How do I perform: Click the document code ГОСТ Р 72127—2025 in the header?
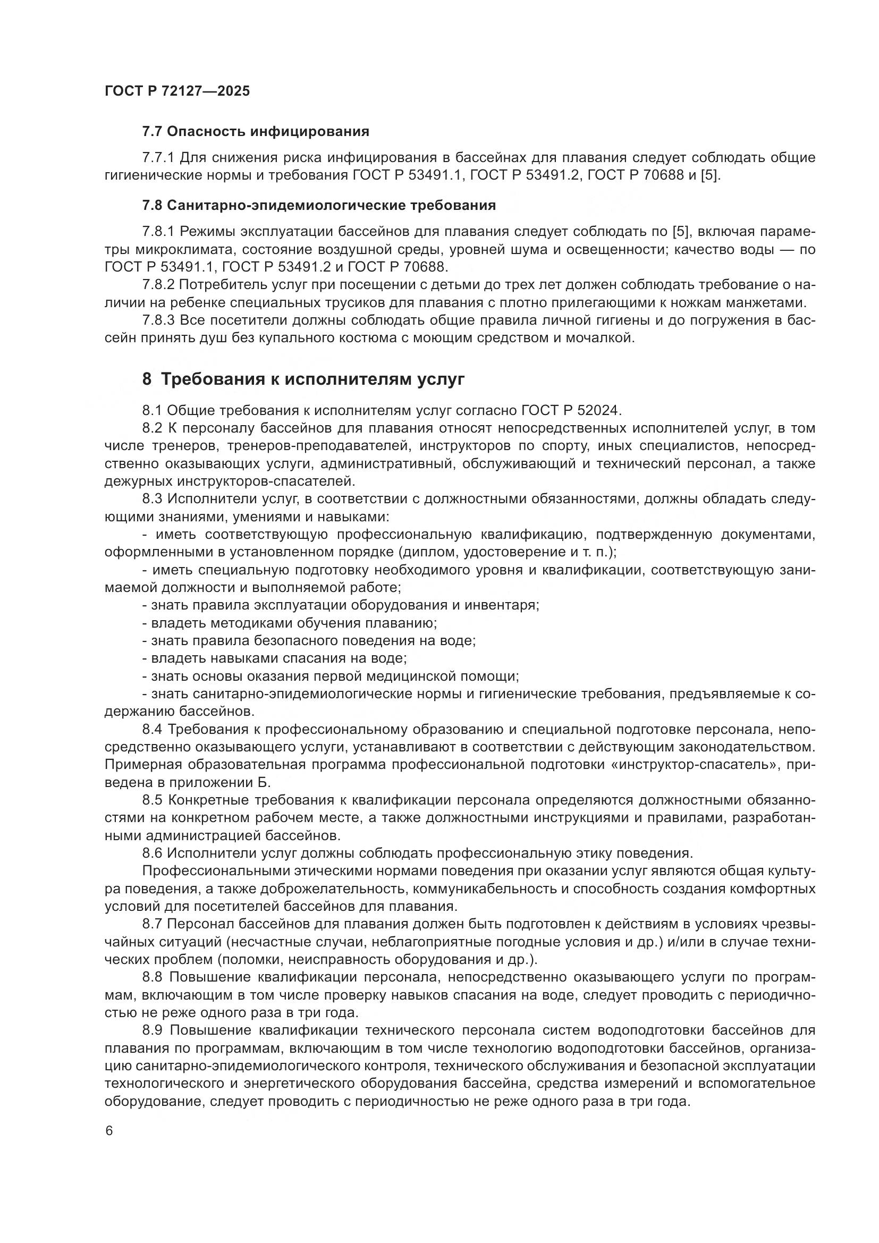177,91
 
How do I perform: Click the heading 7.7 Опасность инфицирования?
256,132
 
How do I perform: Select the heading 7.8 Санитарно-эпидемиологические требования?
319,205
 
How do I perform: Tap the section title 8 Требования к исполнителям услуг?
303,379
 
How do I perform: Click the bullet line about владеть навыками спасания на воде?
274,658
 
